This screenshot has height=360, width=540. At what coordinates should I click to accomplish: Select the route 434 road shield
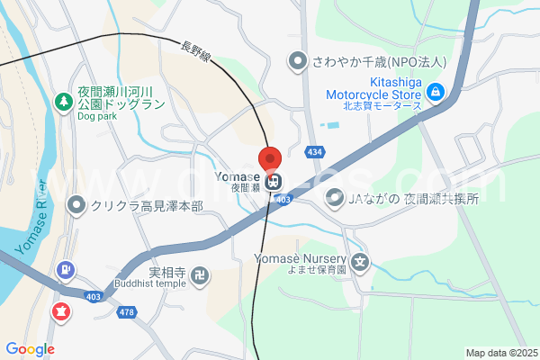click(314, 153)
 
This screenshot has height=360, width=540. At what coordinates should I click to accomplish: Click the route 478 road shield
click(127, 312)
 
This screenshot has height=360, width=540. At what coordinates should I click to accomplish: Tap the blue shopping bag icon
click(436, 90)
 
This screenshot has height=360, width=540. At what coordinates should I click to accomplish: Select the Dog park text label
click(97, 116)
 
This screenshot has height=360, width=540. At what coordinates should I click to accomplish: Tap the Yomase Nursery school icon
click(360, 264)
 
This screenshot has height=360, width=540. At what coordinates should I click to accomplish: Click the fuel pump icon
click(65, 268)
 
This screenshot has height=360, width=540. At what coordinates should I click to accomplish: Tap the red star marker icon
click(61, 311)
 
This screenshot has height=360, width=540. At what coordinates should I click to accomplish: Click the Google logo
click(30, 349)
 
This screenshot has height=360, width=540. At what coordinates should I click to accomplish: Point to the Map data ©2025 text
click(502, 353)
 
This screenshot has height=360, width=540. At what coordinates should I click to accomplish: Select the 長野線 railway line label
click(195, 53)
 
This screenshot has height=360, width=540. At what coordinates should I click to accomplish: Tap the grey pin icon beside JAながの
click(335, 196)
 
